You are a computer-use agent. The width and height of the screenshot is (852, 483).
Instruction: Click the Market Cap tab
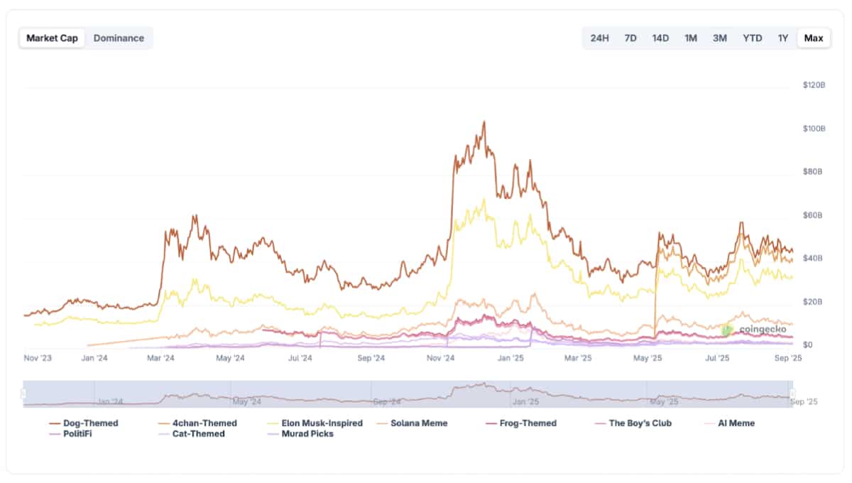(x=53, y=38)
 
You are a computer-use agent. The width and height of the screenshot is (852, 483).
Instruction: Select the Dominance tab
(x=119, y=38)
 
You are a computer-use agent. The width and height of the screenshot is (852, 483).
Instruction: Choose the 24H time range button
(x=600, y=38)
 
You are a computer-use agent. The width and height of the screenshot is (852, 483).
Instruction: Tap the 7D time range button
(x=630, y=38)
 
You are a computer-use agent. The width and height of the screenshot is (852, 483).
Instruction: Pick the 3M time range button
(x=720, y=38)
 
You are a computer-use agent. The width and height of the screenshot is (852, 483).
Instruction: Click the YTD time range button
(x=753, y=38)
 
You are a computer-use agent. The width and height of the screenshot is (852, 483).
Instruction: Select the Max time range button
(x=814, y=38)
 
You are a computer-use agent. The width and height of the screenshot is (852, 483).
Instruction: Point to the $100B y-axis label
(x=814, y=129)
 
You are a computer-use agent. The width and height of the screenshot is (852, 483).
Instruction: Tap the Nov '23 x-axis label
(x=38, y=359)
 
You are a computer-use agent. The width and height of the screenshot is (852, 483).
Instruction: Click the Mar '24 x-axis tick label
(x=160, y=359)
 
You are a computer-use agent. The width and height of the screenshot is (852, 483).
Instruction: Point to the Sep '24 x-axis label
(x=371, y=359)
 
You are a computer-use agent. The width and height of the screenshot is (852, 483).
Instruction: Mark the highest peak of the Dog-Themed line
(x=484, y=121)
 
